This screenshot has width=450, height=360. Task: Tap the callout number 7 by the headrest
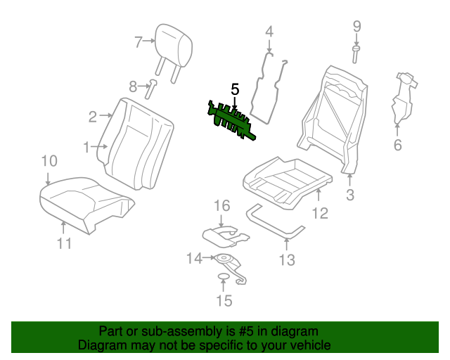pyautogui.click(x=139, y=42)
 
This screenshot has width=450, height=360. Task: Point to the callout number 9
pyautogui.click(x=356, y=26)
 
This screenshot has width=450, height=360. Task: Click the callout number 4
pyautogui.click(x=269, y=31)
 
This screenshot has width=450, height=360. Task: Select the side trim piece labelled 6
pyautogui.click(x=401, y=98)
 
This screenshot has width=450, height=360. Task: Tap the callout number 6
pyautogui.click(x=397, y=146)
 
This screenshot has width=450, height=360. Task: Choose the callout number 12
pyautogui.click(x=320, y=213)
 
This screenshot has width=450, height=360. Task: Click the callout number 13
pyautogui.click(x=287, y=261)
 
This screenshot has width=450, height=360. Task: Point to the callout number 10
pyautogui.click(x=48, y=161)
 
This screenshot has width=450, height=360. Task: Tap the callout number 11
pyautogui.click(x=64, y=244)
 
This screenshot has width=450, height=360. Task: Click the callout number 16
pyautogui.click(x=222, y=205)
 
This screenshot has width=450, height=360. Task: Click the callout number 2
pyautogui.click(x=93, y=116)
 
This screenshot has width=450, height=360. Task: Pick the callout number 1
pyautogui.click(x=87, y=148)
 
